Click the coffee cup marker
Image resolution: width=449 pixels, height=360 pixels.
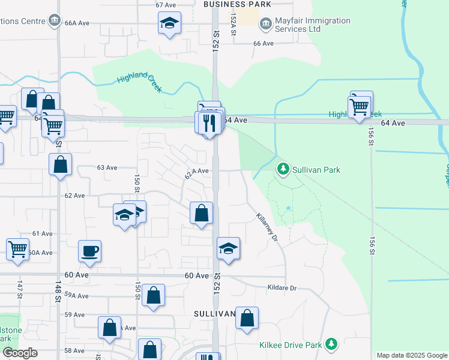point(90,251)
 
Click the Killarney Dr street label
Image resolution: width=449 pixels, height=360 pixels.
point(268,228)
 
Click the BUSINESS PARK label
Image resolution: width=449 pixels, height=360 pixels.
point(237,4)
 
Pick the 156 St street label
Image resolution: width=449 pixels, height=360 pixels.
point(371,139)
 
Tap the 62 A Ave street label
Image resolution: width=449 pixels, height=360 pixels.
point(197,172)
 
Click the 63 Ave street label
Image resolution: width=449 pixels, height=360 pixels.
point(107,167)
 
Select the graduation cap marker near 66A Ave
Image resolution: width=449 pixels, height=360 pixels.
point(170,25)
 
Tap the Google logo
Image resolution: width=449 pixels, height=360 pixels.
point(20,353)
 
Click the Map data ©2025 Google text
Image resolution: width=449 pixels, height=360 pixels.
point(412,355)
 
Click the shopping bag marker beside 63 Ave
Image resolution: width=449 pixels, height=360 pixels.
point(61,164)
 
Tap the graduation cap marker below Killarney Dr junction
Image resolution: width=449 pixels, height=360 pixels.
point(228,249)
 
